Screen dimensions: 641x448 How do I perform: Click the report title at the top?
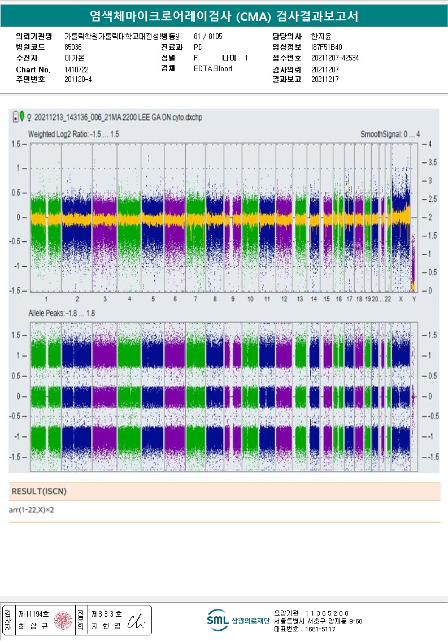coord(224,16)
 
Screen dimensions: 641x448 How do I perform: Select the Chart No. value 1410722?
coord(76,69)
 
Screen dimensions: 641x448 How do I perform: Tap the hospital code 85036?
coord(73,47)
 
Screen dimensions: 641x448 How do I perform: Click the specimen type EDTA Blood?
coord(212,68)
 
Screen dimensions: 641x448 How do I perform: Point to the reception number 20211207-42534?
coord(335,58)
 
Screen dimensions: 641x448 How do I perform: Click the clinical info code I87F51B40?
coord(327,47)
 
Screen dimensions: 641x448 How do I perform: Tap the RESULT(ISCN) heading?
coord(39,491)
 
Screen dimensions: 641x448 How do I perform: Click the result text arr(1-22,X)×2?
coord(32,510)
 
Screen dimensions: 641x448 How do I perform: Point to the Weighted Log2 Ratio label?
coord(73,135)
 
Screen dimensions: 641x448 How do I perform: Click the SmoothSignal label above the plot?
coord(390,135)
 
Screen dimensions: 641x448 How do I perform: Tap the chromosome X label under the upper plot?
coord(401,298)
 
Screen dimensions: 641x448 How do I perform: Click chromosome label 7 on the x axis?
coord(195,298)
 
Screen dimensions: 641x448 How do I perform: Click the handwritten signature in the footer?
coord(137,621)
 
